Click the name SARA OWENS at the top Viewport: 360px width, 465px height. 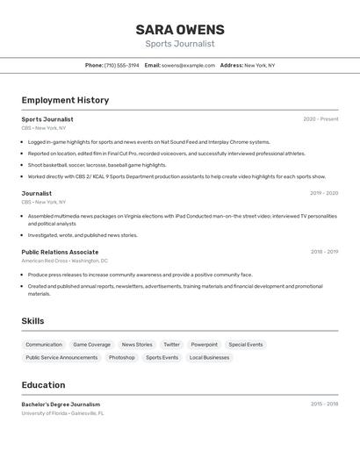tap(180, 29)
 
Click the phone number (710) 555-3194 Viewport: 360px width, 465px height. tap(122, 65)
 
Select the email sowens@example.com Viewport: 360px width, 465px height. tap(188, 65)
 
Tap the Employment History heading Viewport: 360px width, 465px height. tap(65, 100)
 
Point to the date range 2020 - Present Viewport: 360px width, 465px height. tap(320, 118)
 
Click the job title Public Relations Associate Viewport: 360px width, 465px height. tap(60, 252)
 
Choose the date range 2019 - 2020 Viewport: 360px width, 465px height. tap(323, 193)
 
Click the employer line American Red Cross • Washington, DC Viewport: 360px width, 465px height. tap(65, 261)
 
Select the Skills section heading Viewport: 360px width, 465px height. tap(32, 321)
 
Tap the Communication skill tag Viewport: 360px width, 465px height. tap(44, 345)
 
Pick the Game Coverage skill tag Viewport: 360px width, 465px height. tap(92, 345)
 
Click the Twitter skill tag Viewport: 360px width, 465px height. tap(171, 345)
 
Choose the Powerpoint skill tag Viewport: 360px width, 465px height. tap(205, 345)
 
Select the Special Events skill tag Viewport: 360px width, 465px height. tap(246, 345)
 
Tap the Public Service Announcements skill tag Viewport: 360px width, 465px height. tap(61, 357)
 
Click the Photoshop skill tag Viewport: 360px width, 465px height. tap(122, 357)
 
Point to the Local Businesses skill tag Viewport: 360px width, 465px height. tap(209, 357)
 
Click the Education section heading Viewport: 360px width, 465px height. tap(43, 385)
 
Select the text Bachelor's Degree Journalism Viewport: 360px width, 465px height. tap(61, 404)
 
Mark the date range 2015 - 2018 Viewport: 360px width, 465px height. tap(324, 404)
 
